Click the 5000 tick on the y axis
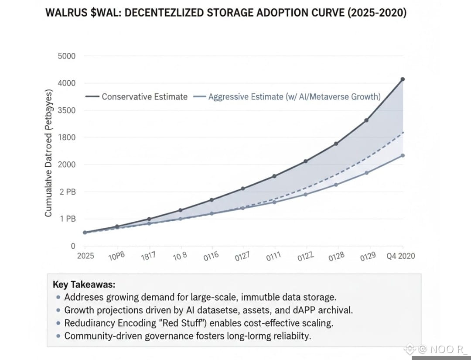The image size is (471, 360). pos(66,56)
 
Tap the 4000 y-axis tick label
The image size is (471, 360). pos(66,83)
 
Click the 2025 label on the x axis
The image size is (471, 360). pos(85,256)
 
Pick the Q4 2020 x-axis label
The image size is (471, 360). pos(401,256)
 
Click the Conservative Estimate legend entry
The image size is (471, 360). pos(144,97)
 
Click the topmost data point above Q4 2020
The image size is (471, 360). pos(403,79)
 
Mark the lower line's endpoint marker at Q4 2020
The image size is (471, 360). pos(403,155)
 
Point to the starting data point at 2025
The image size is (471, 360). pos(85,232)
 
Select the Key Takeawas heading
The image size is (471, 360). pos(84,285)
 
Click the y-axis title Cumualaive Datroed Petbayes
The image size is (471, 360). pos(48,153)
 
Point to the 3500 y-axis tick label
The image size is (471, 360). pos(66,110)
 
